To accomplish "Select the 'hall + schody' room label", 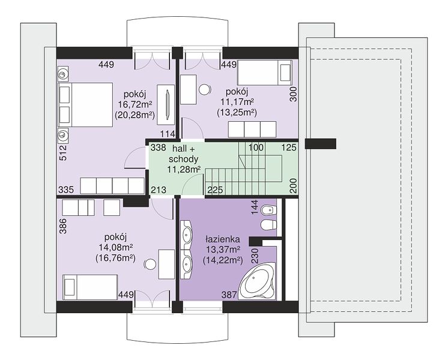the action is tap(183, 154).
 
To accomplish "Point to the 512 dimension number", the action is tap(63, 153).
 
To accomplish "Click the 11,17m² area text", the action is tap(237, 102).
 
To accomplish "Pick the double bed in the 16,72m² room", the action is tap(85, 105).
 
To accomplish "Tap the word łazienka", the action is tap(223, 239).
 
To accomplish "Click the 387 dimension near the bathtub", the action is tap(229, 295).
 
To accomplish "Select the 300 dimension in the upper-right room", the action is tap(294, 94).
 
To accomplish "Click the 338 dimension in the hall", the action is tap(159, 148).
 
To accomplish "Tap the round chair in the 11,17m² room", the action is tap(205, 89).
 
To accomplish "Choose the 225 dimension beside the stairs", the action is tap(215, 190).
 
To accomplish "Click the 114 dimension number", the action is tap(168, 134).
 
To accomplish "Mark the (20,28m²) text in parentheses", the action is tap(135, 115).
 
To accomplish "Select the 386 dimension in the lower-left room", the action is tap(63, 226).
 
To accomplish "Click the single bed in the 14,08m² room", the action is tap(90, 287).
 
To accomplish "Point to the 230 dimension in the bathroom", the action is tap(255, 256).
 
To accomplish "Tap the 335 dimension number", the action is tap(66, 190).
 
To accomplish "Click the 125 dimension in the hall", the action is tap(289, 148).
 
